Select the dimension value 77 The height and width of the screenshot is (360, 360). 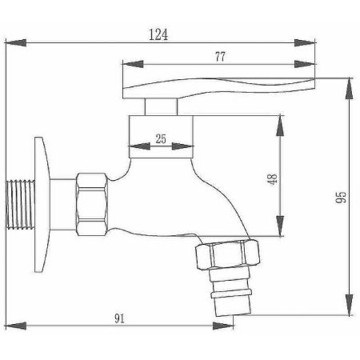click(x=218, y=58)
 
